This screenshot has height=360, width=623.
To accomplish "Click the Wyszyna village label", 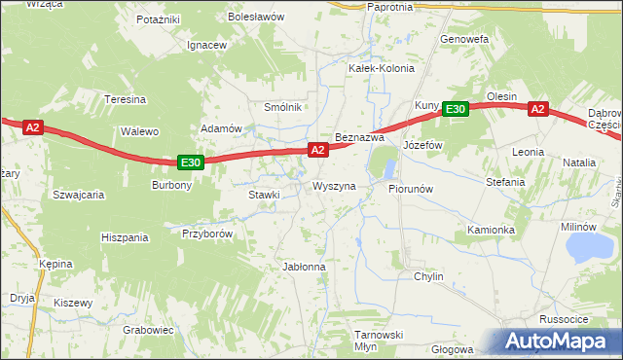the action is tap(334, 186).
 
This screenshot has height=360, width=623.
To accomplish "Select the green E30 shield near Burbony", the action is tap(191, 163).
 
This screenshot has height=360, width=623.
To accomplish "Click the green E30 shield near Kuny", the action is tap(457, 110).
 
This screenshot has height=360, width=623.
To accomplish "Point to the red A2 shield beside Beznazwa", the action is tap(317, 150).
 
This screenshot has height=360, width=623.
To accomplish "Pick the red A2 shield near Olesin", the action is tap(538, 110).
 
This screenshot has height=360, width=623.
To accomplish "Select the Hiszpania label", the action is tap(125, 237).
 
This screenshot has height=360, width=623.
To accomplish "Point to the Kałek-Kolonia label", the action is tap(382, 69).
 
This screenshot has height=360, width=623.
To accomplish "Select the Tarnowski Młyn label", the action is tap(378, 340).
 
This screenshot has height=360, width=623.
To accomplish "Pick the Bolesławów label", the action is tap(255, 18).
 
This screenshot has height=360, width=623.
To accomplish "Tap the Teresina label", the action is tap(126, 100).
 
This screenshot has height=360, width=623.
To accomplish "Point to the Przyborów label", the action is tap(206, 234).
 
